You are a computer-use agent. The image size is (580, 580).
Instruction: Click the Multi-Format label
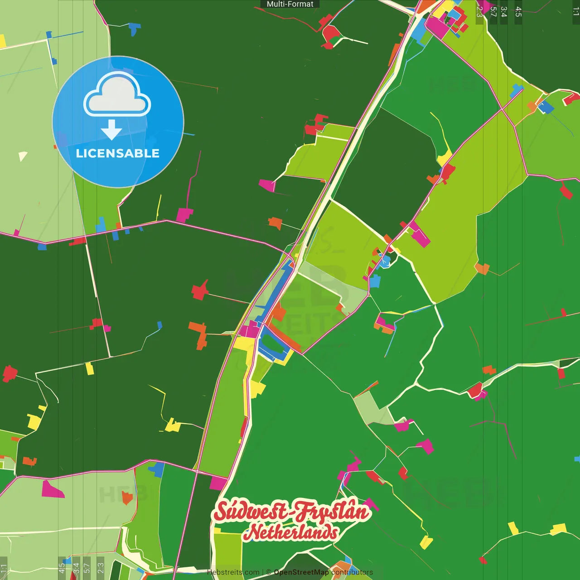290,4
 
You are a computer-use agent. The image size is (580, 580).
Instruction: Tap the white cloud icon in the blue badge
117,95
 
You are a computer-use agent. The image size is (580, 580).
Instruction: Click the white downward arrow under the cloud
111,130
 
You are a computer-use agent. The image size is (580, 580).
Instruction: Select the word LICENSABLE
118,153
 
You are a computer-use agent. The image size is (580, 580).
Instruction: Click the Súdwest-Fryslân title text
291,512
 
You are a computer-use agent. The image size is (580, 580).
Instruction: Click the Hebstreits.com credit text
233,572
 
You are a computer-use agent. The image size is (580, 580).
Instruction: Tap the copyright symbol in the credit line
268,572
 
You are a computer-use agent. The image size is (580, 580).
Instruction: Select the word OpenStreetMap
301,572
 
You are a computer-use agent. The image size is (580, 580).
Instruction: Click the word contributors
352,572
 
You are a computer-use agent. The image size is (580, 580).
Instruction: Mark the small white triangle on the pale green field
22,156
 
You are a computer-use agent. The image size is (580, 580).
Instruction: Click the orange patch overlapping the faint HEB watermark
127,498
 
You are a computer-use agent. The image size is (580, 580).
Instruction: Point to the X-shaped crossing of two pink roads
502,109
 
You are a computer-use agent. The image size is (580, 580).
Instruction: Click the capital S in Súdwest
222,511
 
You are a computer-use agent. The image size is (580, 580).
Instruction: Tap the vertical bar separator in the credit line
263,572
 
